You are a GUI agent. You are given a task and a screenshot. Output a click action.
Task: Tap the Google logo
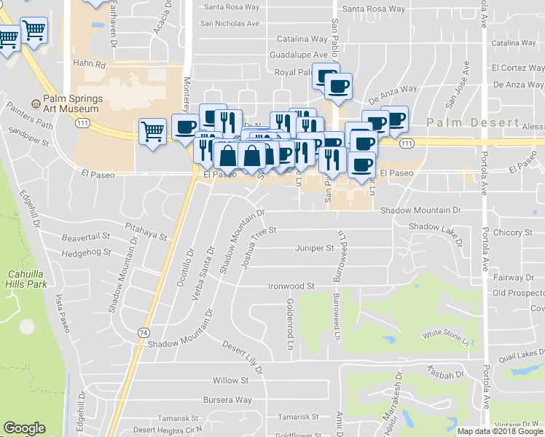pyautogui.click(x=24, y=428)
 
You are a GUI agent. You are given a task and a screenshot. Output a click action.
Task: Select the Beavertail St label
pyautogui.click(x=85, y=237)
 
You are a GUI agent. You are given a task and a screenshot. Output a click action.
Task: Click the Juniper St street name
pyautogui.click(x=314, y=248)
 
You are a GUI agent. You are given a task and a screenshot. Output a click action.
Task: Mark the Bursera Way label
pyautogui.click(x=232, y=400)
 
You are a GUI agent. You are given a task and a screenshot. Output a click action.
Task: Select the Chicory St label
pyautogui.click(x=512, y=233)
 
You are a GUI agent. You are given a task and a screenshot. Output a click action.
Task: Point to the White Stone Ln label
pyautogui.click(x=444, y=336)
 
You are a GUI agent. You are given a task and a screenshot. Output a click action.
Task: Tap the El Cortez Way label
pyautogui.click(x=517, y=68)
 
